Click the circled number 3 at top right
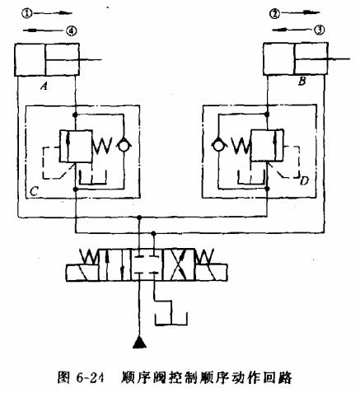[x=319, y=30]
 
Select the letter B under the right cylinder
[x=302, y=83]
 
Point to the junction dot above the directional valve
[x=141, y=218]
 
